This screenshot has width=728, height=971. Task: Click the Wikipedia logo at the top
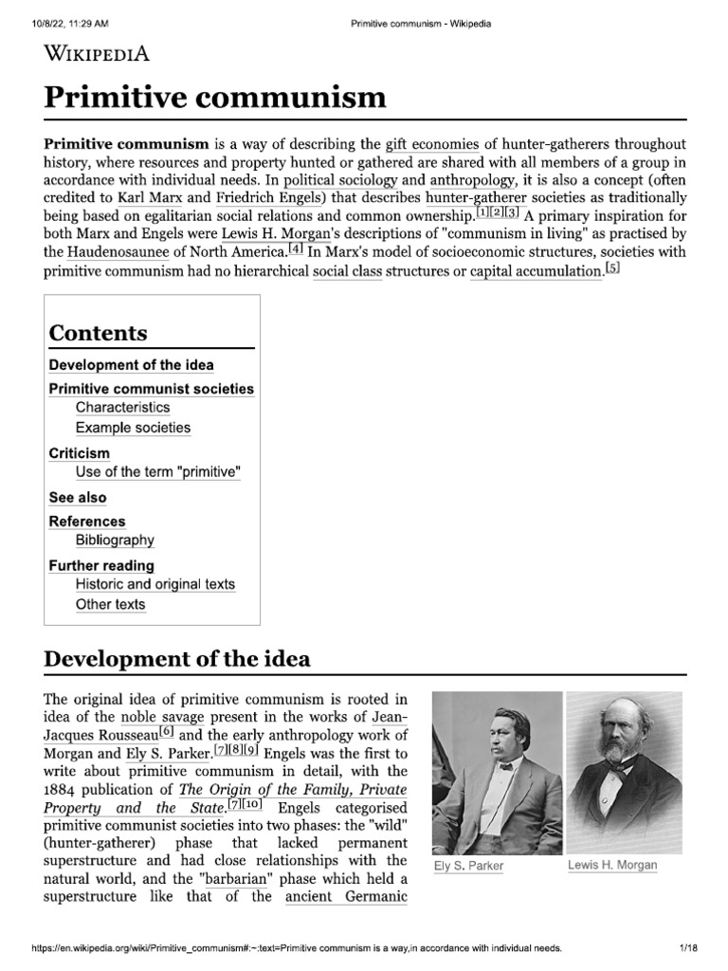pyautogui.click(x=97, y=53)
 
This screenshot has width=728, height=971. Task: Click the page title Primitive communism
pyautogui.click(x=215, y=97)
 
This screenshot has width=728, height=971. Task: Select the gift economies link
pyautogui.click(x=432, y=144)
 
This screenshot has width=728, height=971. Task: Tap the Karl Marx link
pyautogui.click(x=151, y=198)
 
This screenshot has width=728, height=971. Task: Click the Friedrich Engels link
pyautogui.click(x=269, y=198)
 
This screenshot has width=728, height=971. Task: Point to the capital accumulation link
pyautogui.click(x=536, y=271)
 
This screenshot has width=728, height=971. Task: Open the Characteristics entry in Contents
pyautogui.click(x=122, y=408)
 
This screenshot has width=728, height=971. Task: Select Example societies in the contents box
pyautogui.click(x=133, y=428)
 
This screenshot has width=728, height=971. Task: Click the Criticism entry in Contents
pyautogui.click(x=79, y=453)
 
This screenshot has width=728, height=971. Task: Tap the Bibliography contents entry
pyautogui.click(x=115, y=540)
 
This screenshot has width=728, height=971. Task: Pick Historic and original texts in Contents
pyautogui.click(x=155, y=584)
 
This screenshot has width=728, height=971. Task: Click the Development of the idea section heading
pyautogui.click(x=176, y=658)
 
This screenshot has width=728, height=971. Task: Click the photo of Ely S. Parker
pyautogui.click(x=496, y=773)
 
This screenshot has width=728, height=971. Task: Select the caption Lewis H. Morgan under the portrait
pyautogui.click(x=611, y=865)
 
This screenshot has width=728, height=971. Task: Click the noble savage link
pyautogui.click(x=158, y=717)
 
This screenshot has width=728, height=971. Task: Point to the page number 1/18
pyautogui.click(x=688, y=948)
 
